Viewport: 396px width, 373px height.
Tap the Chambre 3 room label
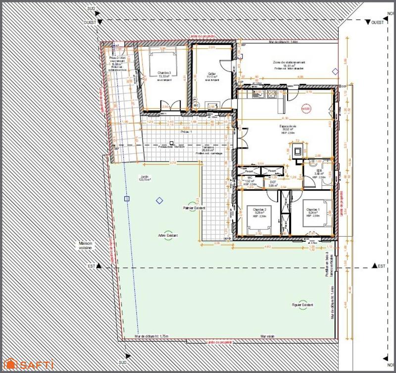164,75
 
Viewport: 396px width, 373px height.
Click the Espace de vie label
287,128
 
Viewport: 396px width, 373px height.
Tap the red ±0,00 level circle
307,108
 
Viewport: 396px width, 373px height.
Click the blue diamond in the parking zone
336,72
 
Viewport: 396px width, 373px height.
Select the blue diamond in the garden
159,201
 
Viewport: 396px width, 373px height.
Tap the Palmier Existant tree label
194,209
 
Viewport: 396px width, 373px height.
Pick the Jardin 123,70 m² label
145,178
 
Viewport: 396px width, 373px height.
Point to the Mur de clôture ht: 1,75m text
150,337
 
